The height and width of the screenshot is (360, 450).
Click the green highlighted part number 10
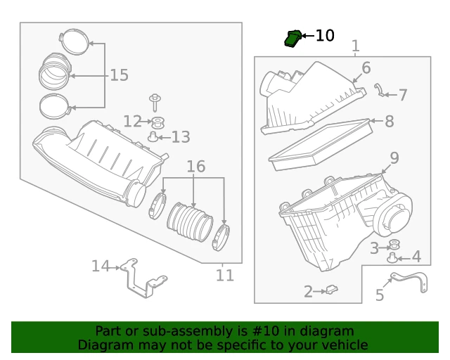click(292, 39)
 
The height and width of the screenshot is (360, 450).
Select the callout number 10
click(324, 35)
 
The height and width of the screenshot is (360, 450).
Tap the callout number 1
click(355, 46)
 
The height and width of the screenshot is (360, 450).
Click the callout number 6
click(366, 68)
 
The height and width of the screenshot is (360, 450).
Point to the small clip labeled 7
click(380, 89)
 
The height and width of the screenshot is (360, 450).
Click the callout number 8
click(389, 121)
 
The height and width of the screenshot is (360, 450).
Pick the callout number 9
click(394, 158)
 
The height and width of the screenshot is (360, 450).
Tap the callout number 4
click(416, 257)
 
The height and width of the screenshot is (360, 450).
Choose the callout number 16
click(195, 167)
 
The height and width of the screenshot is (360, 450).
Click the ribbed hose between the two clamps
click(189, 222)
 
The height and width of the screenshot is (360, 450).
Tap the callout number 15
click(119, 75)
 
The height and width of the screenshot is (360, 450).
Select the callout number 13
click(181, 136)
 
